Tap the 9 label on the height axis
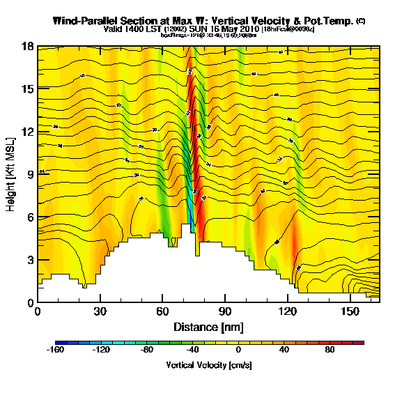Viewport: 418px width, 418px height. click(x=28, y=175)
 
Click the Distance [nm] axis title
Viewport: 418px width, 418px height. click(x=208, y=327)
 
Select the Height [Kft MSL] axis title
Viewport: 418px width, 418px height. click(x=12, y=174)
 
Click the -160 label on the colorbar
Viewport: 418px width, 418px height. click(x=56, y=352)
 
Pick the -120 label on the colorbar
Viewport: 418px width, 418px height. click(x=102, y=352)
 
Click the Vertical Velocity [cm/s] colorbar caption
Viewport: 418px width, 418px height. click(x=209, y=364)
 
